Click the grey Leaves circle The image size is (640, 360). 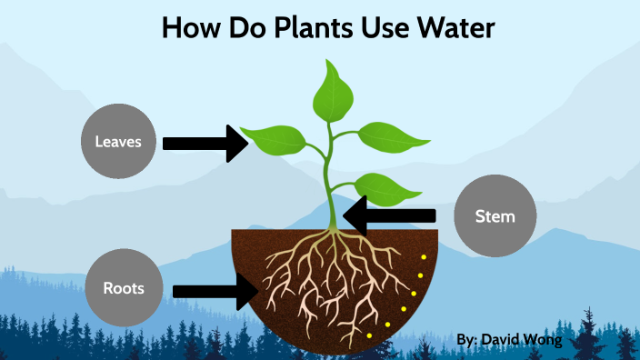[x=119, y=142]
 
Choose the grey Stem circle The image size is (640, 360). [x=495, y=216]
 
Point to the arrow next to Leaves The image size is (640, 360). [x=205, y=143]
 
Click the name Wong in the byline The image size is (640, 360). [x=544, y=340]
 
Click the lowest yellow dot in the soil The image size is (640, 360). [x=369, y=335]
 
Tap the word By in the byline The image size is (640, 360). [x=465, y=340]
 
